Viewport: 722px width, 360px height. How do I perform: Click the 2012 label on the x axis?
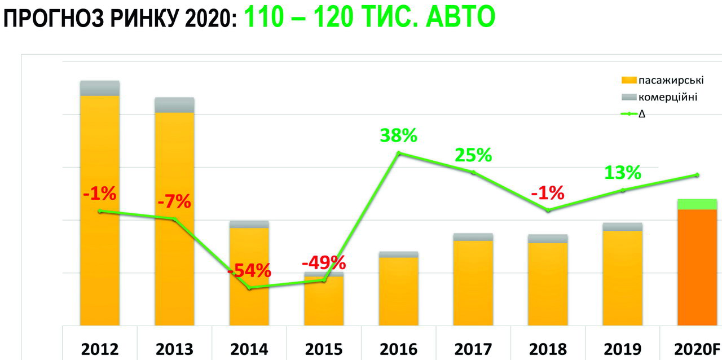pos(100,349)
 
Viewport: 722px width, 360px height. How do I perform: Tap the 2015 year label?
pos(324,349)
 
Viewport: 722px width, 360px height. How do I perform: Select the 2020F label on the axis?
pos(697,349)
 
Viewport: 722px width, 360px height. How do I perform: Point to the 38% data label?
pos(398,135)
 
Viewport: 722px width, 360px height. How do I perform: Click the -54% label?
pos(249,270)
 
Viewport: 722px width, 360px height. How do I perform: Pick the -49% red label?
pos(323,262)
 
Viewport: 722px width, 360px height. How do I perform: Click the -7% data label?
pos(175,201)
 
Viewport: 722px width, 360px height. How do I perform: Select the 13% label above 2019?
pos(623,173)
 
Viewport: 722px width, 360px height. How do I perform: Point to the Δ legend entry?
pos(642,113)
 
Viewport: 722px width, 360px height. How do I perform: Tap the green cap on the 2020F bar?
pos(697,204)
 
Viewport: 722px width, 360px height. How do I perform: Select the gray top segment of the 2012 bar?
pos(100,88)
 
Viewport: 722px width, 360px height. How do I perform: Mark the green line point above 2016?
pos(399,153)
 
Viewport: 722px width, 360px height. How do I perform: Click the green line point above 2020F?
pos(697,175)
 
